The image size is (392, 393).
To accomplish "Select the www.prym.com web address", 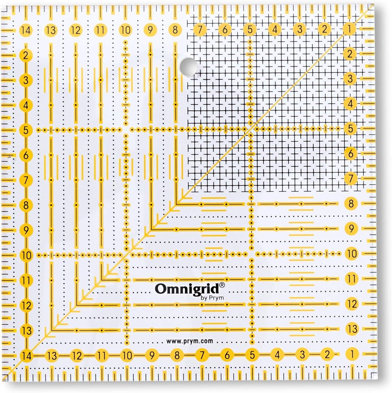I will pyautogui.click(x=190, y=340).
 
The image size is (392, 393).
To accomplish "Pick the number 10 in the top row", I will pyautogui.click(x=125, y=30).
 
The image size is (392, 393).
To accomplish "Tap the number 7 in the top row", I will pyautogui.click(x=200, y=29).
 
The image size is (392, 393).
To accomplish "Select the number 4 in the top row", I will pyautogui.click(x=274, y=29).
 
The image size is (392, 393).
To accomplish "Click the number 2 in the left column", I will pyautogui.click(x=26, y=56).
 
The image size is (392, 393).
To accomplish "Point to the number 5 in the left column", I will pyautogui.click(x=26, y=130).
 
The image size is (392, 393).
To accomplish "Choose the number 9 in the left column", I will pyautogui.click(x=26, y=231).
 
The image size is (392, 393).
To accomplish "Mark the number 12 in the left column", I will pyautogui.click(x=26, y=306).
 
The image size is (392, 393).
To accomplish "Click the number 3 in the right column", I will pyautogui.click(x=349, y=79).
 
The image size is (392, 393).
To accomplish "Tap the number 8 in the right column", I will pyautogui.click(x=351, y=204).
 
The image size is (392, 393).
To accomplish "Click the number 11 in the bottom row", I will pyautogui.click(x=102, y=356).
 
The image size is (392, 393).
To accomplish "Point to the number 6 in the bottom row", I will pyautogui.click(x=227, y=355).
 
